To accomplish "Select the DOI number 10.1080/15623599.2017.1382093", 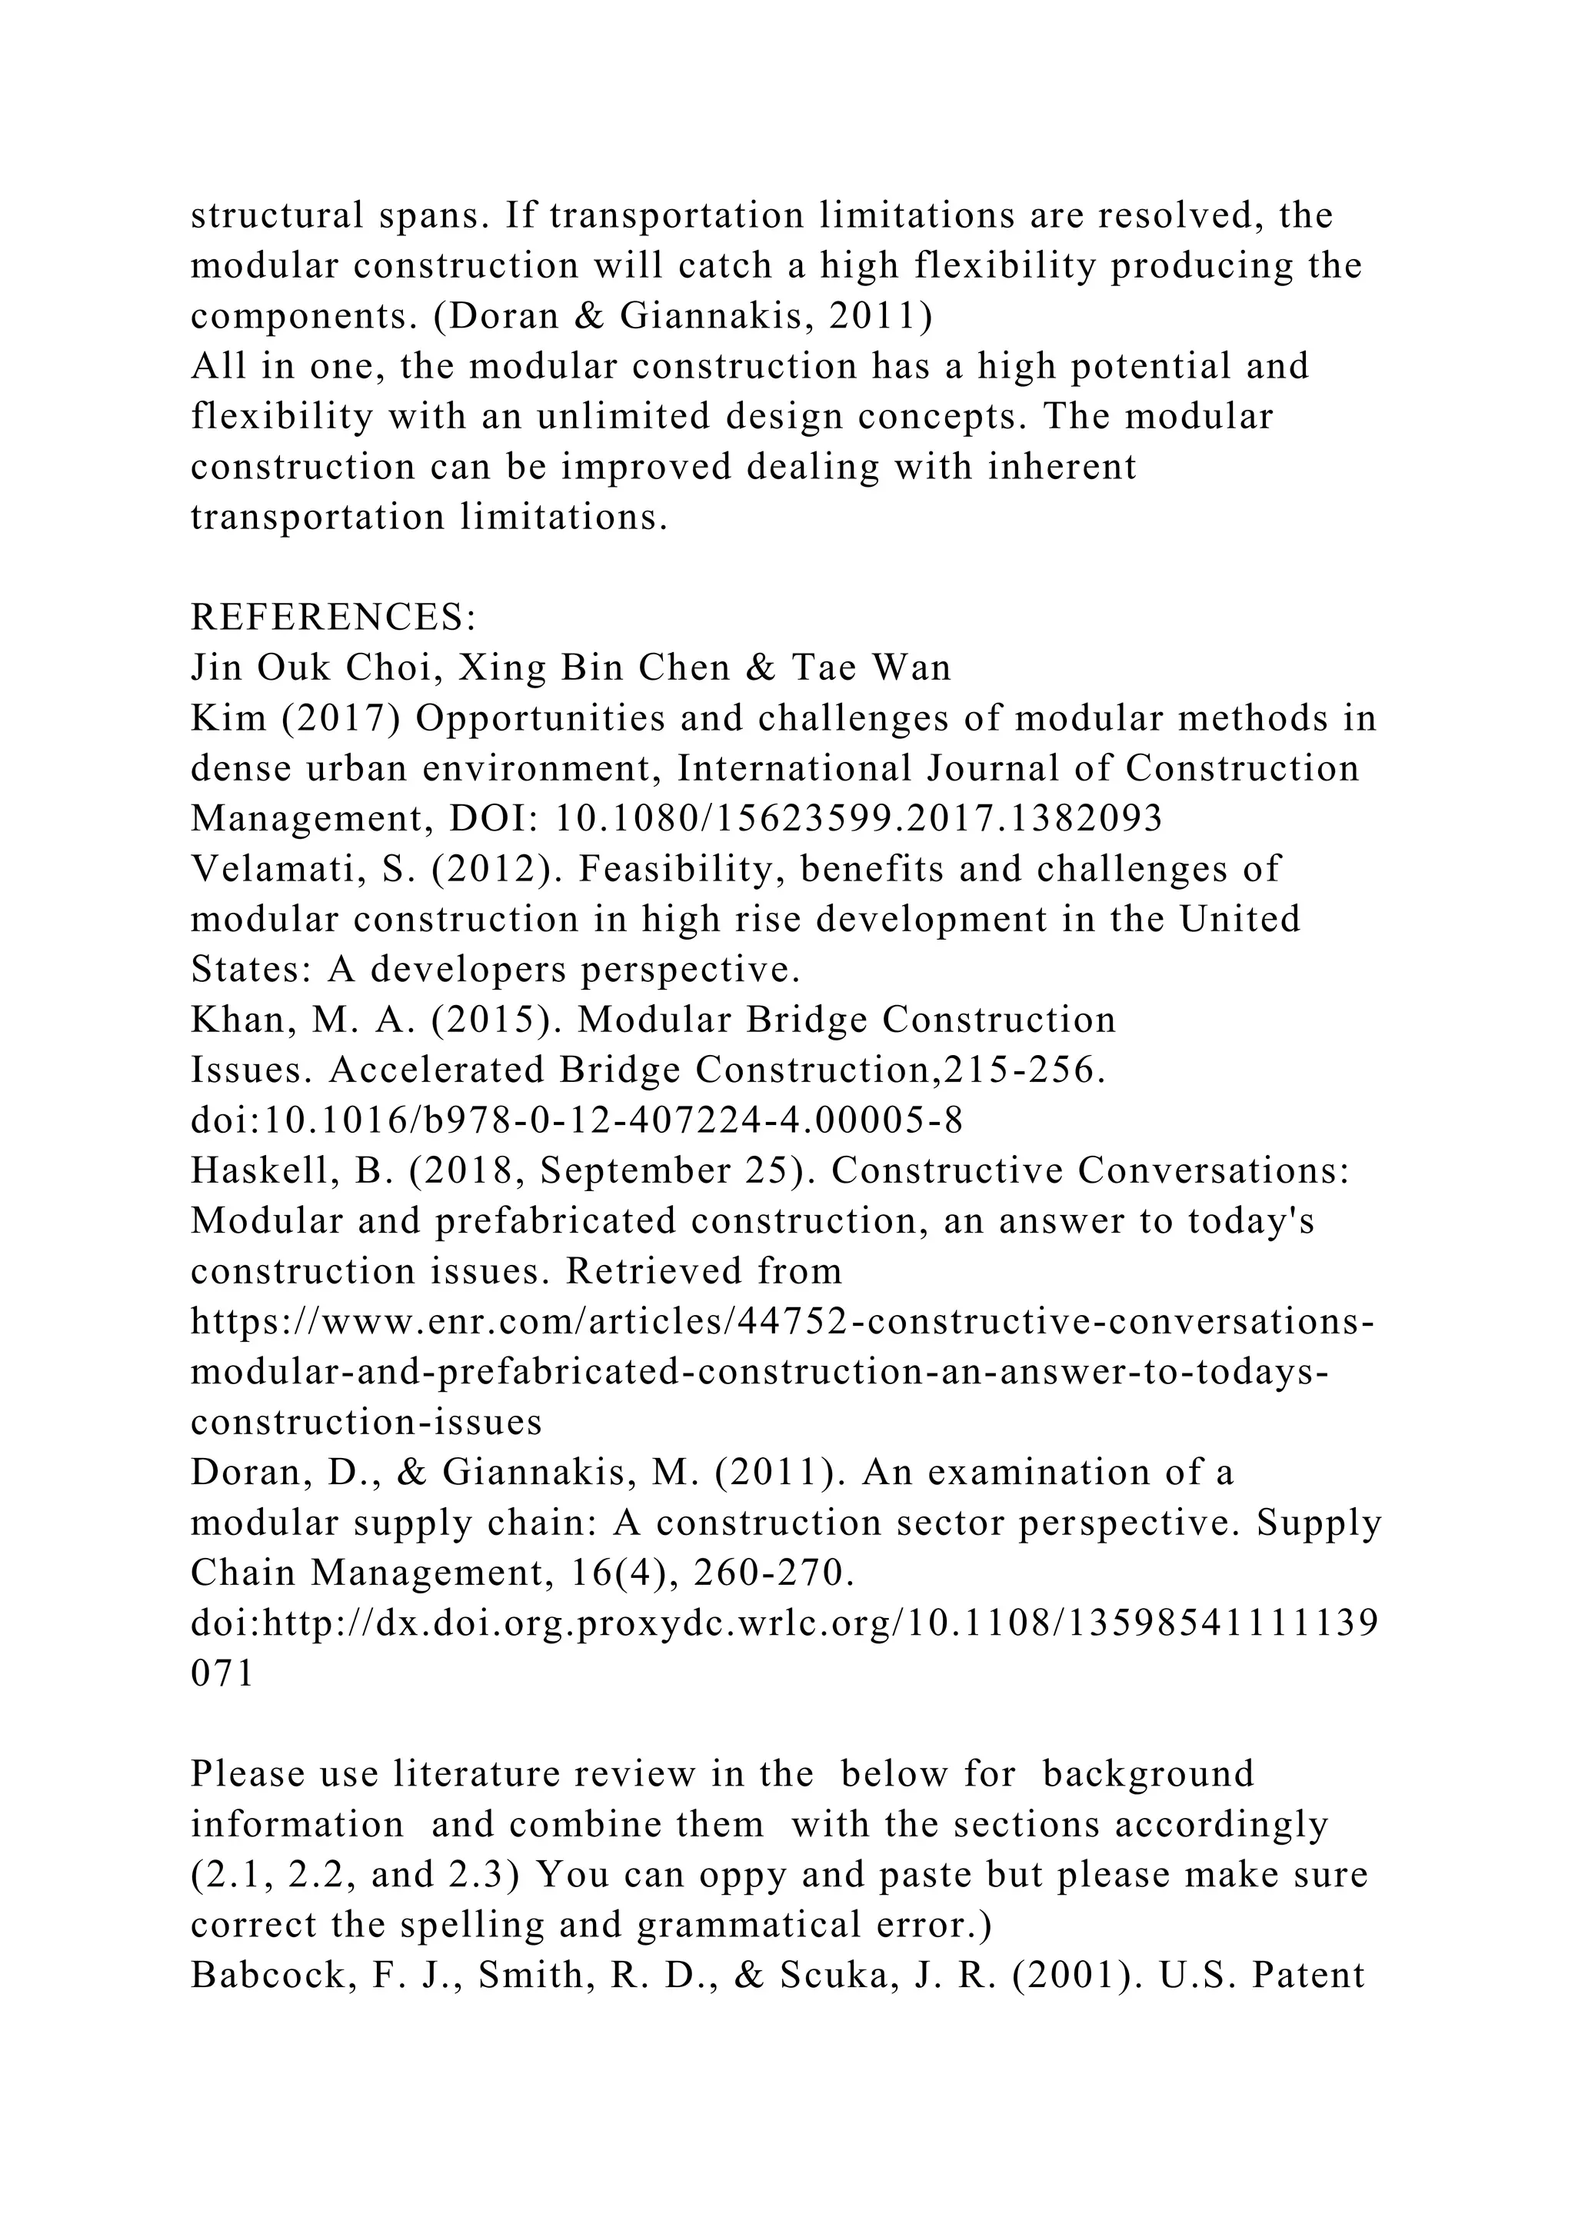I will click(x=857, y=819).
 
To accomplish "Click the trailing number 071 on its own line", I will click(x=222, y=1674).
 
